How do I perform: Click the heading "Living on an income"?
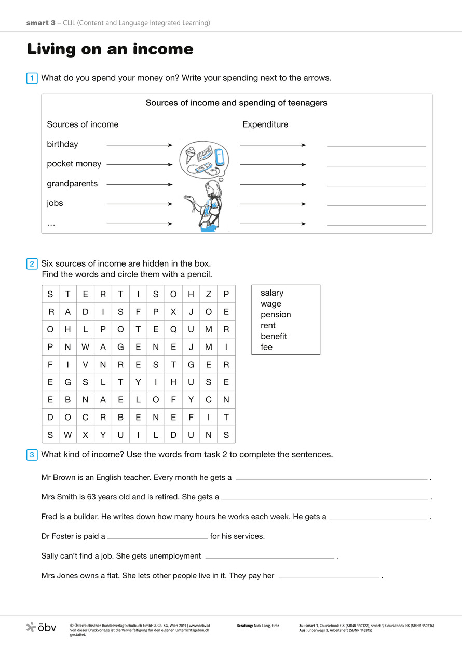point(110,49)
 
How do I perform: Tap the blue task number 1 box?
point(32,78)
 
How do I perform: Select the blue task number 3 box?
point(32,455)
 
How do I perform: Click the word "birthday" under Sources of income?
point(62,144)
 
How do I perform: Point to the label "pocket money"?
point(74,164)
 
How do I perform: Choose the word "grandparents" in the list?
point(72,184)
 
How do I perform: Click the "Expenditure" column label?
point(265,124)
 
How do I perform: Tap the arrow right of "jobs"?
point(139,204)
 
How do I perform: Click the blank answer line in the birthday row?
point(376,146)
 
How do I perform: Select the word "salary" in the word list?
point(272,293)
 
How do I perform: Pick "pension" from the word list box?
point(276,315)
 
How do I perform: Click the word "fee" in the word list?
point(266,348)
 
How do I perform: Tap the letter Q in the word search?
point(173,330)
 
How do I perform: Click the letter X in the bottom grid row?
point(86,435)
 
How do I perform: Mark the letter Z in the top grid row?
point(209,295)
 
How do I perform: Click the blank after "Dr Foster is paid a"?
point(157,538)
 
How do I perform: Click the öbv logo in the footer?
point(41,628)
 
